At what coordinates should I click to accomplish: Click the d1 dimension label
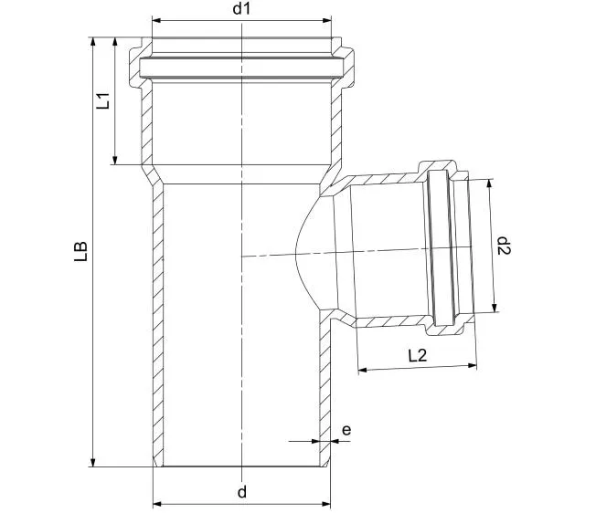[x=241, y=8]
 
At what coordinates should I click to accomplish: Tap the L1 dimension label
[x=102, y=100]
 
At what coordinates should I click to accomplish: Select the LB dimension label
[x=81, y=251]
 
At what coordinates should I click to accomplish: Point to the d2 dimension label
[x=505, y=246]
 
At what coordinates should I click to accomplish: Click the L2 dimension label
[x=418, y=356]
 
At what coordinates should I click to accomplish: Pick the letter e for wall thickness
[x=346, y=430]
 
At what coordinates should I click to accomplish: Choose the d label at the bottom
[x=242, y=492]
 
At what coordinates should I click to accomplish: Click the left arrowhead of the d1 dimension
[x=156, y=20]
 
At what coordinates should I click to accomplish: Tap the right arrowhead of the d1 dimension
[x=326, y=20]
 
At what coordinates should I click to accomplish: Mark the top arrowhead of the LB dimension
[x=92, y=42]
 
